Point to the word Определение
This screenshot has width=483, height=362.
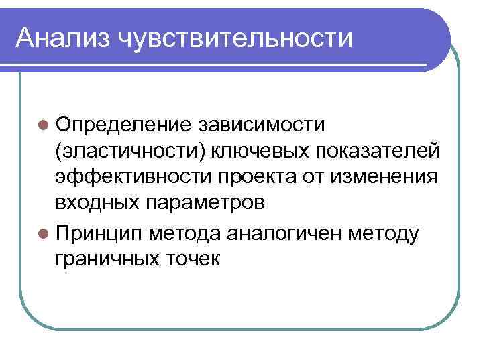click(123, 125)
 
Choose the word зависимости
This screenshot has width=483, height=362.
click(262, 125)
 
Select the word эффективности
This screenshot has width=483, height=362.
click(130, 178)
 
